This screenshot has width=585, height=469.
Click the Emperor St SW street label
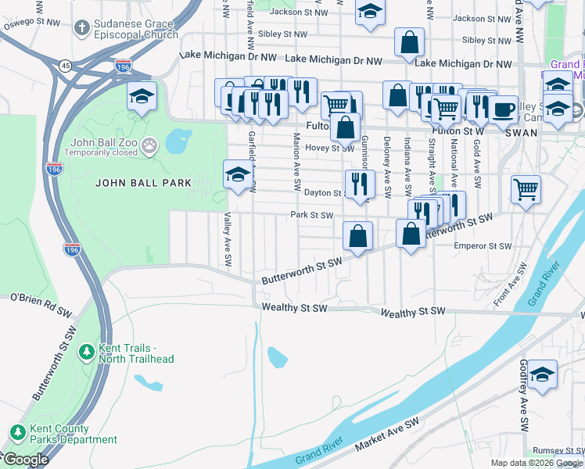[483, 246]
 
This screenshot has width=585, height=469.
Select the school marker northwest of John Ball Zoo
[141, 96]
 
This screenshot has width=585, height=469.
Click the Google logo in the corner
[25, 460]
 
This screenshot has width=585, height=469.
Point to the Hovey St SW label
[330, 148]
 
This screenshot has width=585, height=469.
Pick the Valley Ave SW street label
[228, 238]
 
